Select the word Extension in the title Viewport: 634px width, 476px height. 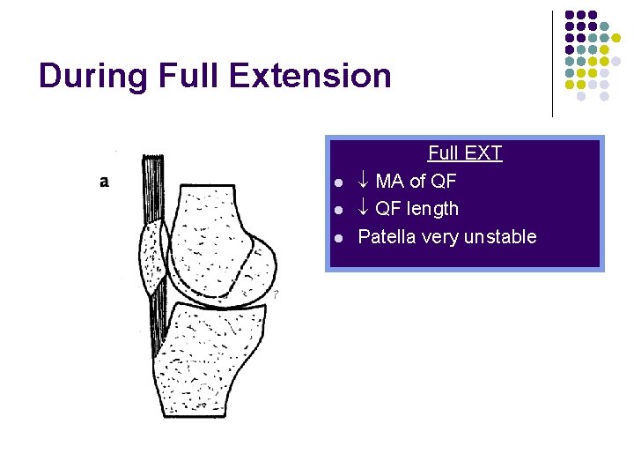(311, 76)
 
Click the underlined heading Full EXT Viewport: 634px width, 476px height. (464, 153)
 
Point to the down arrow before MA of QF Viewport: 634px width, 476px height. (364, 182)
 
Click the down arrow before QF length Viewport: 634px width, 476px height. (364, 209)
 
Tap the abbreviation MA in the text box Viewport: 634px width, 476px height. (390, 182)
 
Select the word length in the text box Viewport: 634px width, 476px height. (432, 209)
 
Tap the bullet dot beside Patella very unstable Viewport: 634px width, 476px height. (339, 238)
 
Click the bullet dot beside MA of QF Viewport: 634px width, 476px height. (339, 183)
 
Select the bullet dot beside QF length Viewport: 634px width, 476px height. (339, 211)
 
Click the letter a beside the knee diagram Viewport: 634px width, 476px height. (105, 182)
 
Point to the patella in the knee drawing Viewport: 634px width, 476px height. (154, 260)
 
